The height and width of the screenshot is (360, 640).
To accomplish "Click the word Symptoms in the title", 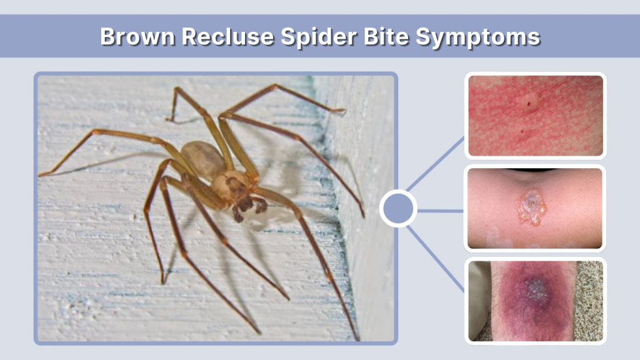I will (x=479, y=37).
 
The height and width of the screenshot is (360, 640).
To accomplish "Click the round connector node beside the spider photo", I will (x=398, y=209).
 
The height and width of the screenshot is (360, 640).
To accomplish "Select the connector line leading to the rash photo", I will (x=437, y=162).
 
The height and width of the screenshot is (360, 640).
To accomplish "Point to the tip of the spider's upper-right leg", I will (x=344, y=111).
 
